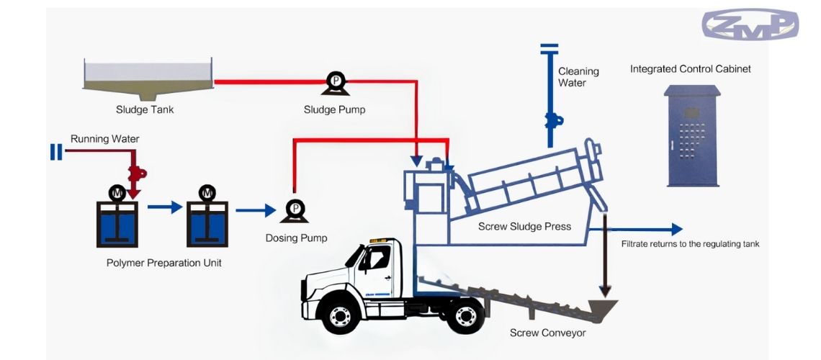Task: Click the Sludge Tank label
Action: tap(145, 110)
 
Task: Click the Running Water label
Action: tap(104, 138)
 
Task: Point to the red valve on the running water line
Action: tap(136, 172)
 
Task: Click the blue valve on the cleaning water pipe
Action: tap(551, 120)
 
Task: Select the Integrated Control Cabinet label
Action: tap(690, 69)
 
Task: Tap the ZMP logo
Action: tap(750, 24)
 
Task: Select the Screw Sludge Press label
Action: tap(524, 227)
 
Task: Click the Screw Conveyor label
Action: tap(547, 333)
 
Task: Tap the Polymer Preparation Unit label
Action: tap(164, 263)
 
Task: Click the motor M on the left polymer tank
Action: tap(117, 192)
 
